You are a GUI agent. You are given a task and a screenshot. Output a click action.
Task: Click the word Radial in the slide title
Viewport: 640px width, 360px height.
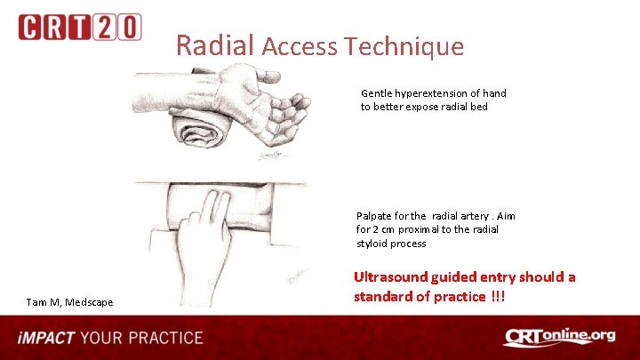pos(215,44)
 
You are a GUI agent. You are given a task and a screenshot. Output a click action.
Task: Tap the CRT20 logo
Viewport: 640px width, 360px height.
pos(79,27)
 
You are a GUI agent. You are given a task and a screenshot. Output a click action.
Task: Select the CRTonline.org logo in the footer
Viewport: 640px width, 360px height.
pos(559,337)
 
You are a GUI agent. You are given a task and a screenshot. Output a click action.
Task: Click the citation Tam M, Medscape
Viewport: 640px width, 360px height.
pos(69,302)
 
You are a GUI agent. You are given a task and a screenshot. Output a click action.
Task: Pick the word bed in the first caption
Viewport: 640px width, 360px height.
pos(478,107)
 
